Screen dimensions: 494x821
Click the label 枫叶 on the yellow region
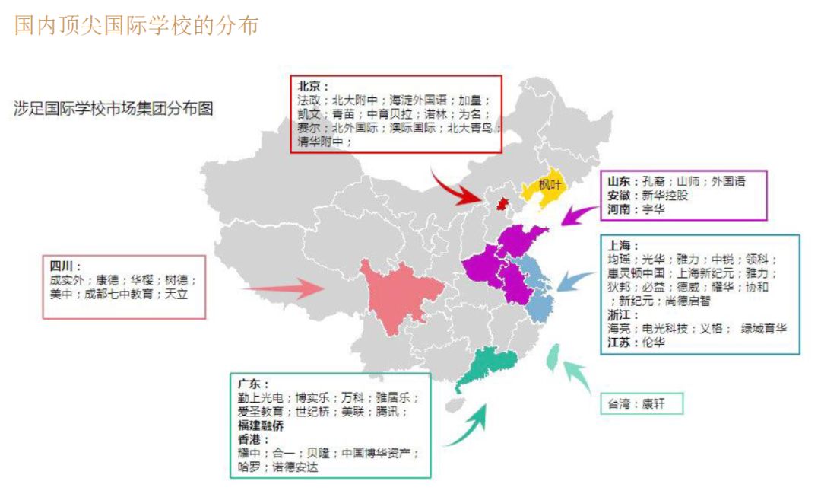550,184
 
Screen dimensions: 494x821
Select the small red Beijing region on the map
501,203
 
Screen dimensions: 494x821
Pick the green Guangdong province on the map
487,366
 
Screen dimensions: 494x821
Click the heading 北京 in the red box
312,87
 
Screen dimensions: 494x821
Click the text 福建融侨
264,425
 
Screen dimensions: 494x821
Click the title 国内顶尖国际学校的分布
137,24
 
